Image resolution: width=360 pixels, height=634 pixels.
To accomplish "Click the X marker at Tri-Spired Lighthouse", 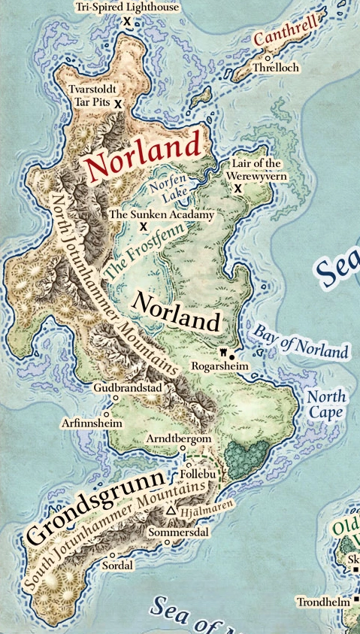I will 127,22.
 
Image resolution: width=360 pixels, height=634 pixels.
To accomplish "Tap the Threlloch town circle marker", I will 267,57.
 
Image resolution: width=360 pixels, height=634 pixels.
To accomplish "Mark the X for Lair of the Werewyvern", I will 238,188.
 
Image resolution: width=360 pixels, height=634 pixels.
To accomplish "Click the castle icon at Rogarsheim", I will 222,351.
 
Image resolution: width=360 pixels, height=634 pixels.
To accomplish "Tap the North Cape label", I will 326,405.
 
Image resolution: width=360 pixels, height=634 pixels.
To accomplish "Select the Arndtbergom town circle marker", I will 183,449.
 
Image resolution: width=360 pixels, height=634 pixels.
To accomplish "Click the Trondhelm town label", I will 324,602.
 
